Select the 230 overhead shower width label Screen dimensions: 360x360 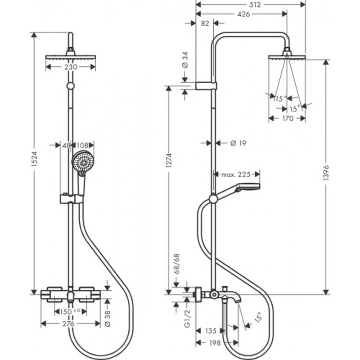pyautogui.click(x=70, y=67)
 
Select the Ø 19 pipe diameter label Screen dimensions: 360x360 pyautogui.click(x=237, y=143)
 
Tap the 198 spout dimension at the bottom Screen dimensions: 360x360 pyautogui.click(x=215, y=343)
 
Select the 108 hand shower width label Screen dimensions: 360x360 pyautogui.click(x=83, y=145)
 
